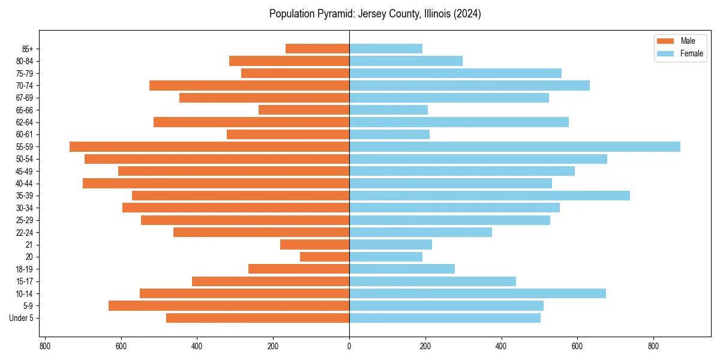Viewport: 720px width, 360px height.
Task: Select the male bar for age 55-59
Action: pyautogui.click(x=209, y=147)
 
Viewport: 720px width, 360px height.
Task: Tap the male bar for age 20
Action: pyautogui.click(x=325, y=257)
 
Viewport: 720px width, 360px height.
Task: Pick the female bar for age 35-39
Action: pyautogui.click(x=490, y=196)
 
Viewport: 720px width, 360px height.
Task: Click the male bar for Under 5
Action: pyautogui.click(x=257, y=318)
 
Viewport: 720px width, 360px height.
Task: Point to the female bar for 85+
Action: pyautogui.click(x=386, y=49)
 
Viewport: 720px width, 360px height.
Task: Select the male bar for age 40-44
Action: pyautogui.click(x=216, y=184)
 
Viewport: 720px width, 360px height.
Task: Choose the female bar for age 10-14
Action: pyautogui.click(x=478, y=293)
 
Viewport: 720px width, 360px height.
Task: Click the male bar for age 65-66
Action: pyautogui.click(x=304, y=110)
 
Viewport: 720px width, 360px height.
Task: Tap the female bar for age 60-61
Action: pyautogui.click(x=389, y=134)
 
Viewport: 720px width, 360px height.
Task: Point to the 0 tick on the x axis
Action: pyautogui.click(x=349, y=346)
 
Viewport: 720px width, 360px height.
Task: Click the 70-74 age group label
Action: pyautogui.click(x=25, y=86)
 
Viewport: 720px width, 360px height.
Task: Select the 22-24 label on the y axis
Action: pyautogui.click(x=25, y=232)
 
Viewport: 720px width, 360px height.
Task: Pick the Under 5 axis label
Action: pyautogui.click(x=22, y=318)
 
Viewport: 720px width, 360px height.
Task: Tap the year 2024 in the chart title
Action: pyautogui.click(x=467, y=14)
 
